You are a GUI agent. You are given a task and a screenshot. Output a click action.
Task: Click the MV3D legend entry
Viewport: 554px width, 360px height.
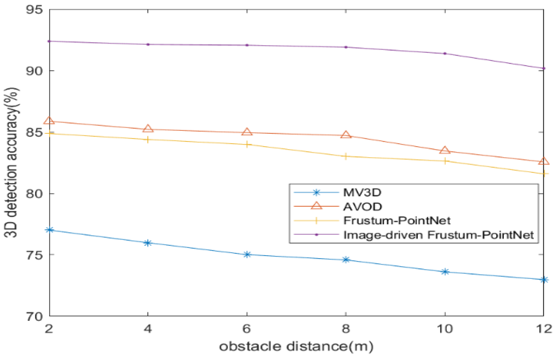pyautogui.click(x=362, y=192)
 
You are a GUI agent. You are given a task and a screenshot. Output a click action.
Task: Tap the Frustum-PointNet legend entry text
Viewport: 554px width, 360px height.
pyautogui.click(x=397, y=221)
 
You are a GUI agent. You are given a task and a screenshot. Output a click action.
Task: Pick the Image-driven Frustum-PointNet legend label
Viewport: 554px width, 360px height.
pyautogui.click(x=438, y=235)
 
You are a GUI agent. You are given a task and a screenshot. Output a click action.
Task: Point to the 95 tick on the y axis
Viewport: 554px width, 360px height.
pyautogui.click(x=34, y=10)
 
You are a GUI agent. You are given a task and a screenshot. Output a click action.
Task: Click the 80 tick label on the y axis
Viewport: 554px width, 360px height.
pyautogui.click(x=34, y=194)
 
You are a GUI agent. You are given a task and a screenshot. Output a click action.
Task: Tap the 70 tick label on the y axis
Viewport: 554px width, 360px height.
pyautogui.click(x=34, y=316)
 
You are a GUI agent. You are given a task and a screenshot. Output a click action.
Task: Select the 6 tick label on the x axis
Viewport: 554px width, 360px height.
pyautogui.click(x=247, y=328)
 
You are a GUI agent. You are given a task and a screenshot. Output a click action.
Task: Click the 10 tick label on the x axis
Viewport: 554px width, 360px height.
pyautogui.click(x=444, y=328)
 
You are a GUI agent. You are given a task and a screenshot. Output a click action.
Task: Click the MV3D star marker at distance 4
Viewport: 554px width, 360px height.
pyautogui.click(x=148, y=243)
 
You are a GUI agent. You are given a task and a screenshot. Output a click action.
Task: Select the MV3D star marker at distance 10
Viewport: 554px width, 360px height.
pyautogui.click(x=445, y=272)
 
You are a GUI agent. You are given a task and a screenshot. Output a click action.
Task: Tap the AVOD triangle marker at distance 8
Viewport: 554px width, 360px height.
pyautogui.click(x=346, y=134)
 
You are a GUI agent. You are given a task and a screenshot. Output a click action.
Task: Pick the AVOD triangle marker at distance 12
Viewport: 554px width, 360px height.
pyautogui.click(x=544, y=161)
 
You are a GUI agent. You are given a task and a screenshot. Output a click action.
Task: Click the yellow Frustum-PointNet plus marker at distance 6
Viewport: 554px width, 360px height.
pyautogui.click(x=247, y=144)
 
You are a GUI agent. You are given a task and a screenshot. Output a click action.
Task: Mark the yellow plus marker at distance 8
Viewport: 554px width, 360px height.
pyautogui.click(x=346, y=156)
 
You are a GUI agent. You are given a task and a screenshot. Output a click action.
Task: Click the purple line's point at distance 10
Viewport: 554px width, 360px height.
pyautogui.click(x=445, y=54)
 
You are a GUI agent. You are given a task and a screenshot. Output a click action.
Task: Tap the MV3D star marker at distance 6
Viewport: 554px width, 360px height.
pyautogui.click(x=247, y=254)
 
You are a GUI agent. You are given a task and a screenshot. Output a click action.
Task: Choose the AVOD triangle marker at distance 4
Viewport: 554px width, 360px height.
pyautogui.click(x=148, y=128)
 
